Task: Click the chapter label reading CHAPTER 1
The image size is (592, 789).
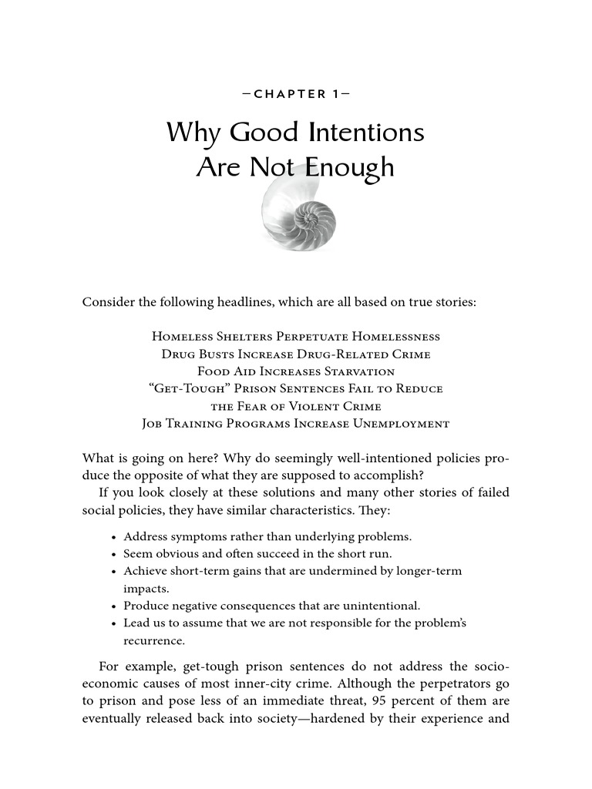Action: point(295,95)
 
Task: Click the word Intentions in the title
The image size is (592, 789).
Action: point(366,133)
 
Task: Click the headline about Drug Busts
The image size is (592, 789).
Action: point(295,354)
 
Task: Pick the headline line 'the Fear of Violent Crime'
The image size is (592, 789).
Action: point(295,406)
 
